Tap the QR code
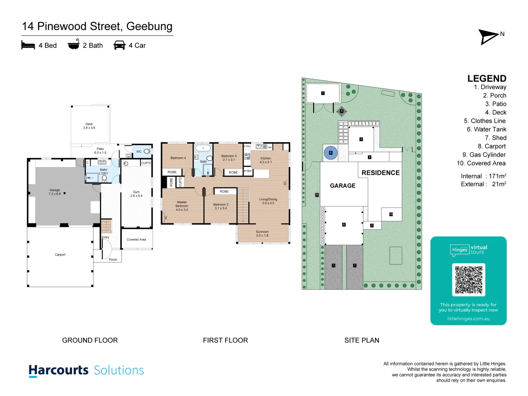(x=469, y=280)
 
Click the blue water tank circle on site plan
(x=331, y=153)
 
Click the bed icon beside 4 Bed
(x=28, y=45)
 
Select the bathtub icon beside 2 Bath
(x=74, y=44)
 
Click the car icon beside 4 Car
(x=120, y=45)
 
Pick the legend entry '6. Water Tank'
(x=486, y=129)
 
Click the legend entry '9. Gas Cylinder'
(x=484, y=155)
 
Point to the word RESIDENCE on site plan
(x=381, y=173)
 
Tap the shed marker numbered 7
(x=323, y=93)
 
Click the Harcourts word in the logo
(x=59, y=370)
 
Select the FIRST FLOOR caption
(x=225, y=340)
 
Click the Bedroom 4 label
(x=178, y=158)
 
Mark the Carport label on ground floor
(x=60, y=255)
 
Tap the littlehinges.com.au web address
(x=468, y=319)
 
